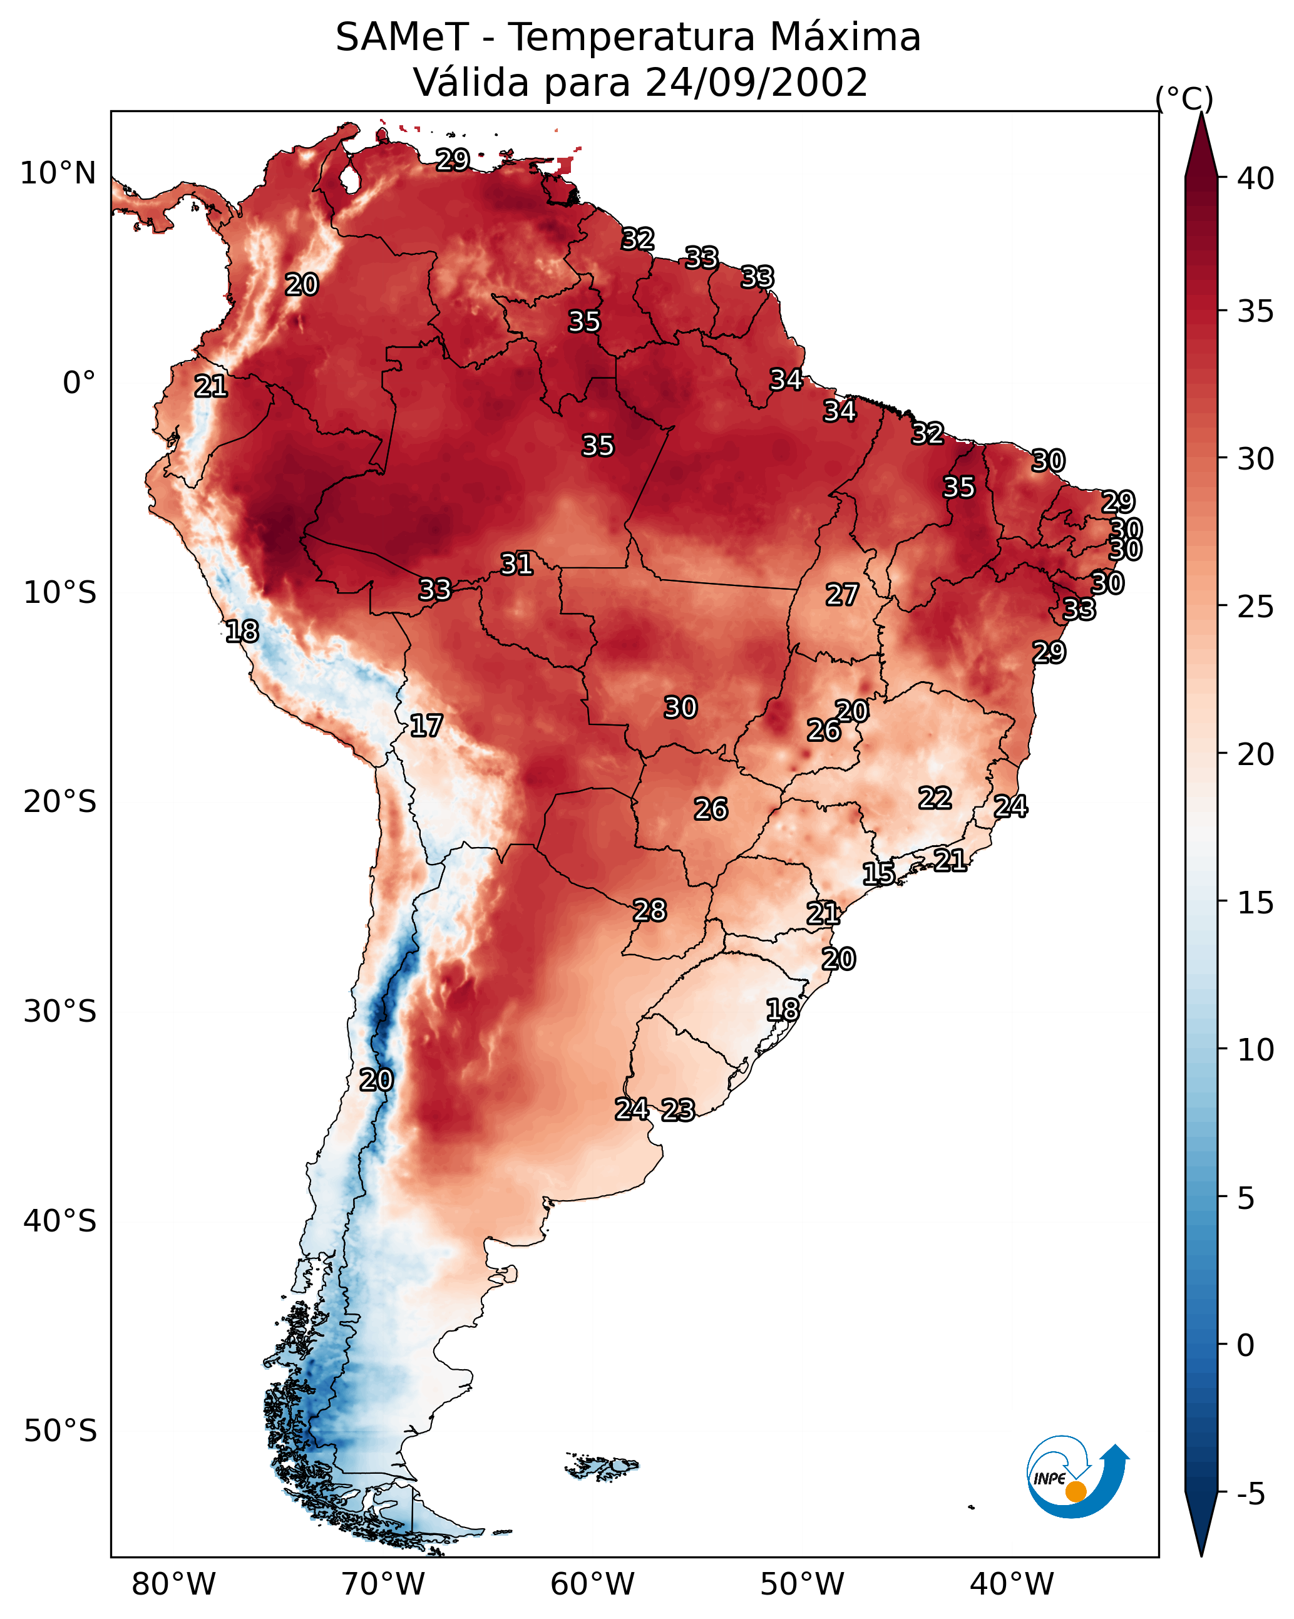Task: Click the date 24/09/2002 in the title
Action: [x=756, y=83]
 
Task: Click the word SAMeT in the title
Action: [x=402, y=38]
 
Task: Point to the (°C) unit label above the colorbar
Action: [x=1184, y=98]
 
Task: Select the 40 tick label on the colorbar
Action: [x=1256, y=178]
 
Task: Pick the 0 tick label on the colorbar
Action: [x=1245, y=1345]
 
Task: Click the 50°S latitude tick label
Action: [x=60, y=1431]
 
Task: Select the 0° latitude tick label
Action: [x=80, y=383]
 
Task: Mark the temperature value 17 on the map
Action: [x=426, y=726]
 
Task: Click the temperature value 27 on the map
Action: [x=842, y=595]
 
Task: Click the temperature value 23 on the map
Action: [x=678, y=1110]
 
